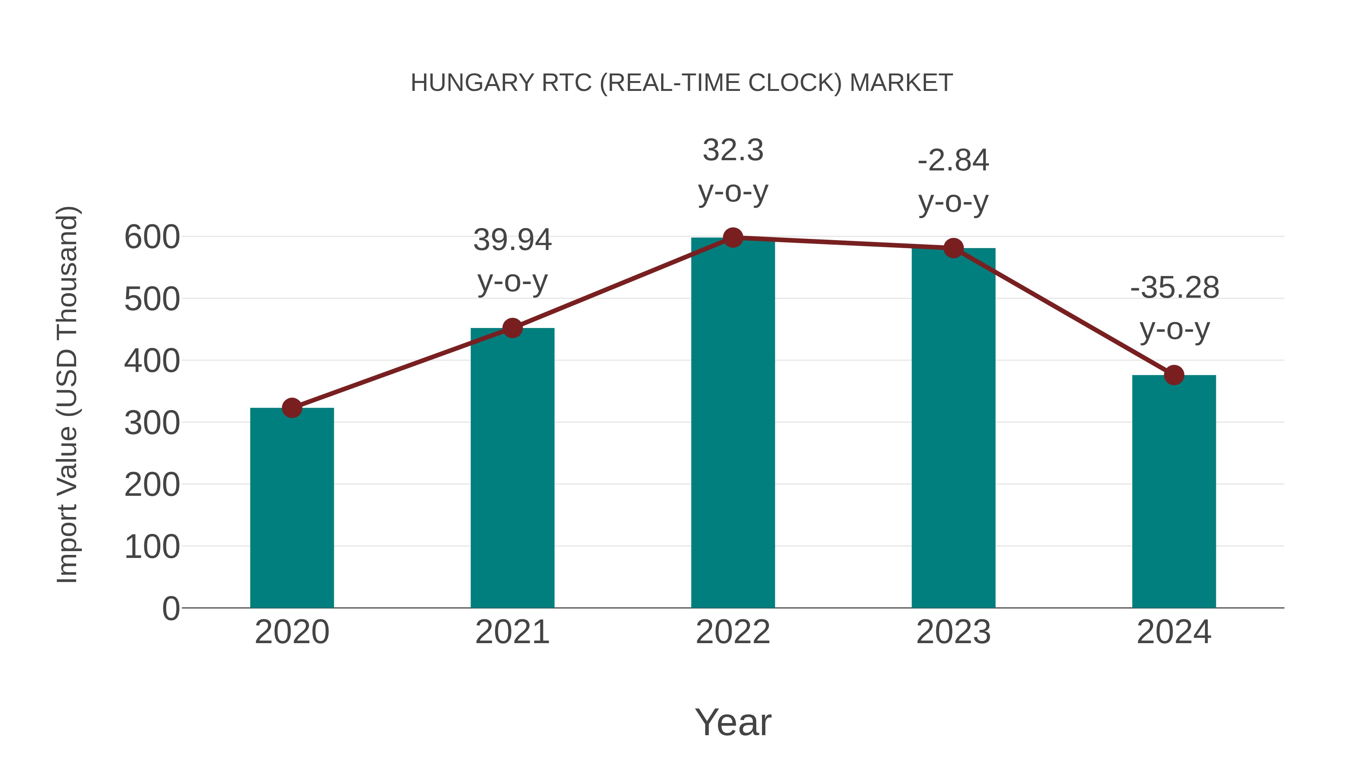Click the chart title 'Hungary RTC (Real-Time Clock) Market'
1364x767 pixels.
[x=682, y=83]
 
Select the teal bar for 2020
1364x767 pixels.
[x=292, y=508]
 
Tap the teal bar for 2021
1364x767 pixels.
[x=512, y=469]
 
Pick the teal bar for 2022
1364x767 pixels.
[x=733, y=423]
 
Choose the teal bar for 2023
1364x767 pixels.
[x=953, y=429]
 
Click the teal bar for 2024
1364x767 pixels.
[x=1174, y=492]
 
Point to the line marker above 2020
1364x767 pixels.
[x=292, y=408]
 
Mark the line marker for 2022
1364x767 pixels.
[x=733, y=237]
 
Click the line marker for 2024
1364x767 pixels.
[x=1174, y=375]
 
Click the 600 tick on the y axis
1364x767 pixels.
[x=152, y=237]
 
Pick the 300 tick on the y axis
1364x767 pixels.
[x=152, y=423]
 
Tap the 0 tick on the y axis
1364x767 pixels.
[x=170, y=609]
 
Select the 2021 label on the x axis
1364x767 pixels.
[x=512, y=632]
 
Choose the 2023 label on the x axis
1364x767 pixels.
[x=953, y=632]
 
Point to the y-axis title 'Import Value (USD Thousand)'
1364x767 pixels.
[x=68, y=394]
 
